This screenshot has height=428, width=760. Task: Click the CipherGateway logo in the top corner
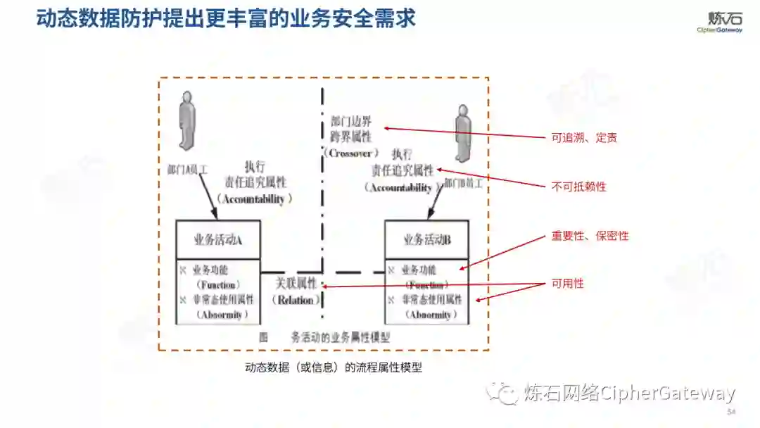pyautogui.click(x=719, y=21)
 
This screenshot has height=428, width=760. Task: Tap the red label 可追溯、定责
pyautogui.click(x=584, y=138)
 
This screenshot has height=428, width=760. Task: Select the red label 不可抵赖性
pyautogui.click(x=578, y=187)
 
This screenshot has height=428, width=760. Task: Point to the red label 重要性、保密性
pyautogui.click(x=590, y=236)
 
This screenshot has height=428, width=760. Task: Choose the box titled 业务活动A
pyautogui.click(x=218, y=240)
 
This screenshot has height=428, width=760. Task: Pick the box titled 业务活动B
pyautogui.click(x=427, y=240)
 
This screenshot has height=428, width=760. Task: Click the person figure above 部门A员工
pyautogui.click(x=186, y=120)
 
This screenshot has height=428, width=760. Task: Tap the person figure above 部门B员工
pyautogui.click(x=462, y=133)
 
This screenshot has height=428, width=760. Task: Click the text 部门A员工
pyautogui.click(x=188, y=170)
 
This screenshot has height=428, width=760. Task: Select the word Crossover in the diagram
pyautogui.click(x=351, y=153)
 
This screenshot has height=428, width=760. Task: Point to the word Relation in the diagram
pyautogui.click(x=296, y=300)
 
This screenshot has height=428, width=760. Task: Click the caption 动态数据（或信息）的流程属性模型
pyautogui.click(x=334, y=367)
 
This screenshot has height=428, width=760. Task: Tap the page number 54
pyautogui.click(x=731, y=411)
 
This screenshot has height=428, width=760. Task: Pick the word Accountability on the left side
pyautogui.click(x=254, y=199)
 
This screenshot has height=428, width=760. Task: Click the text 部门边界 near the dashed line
pyautogui.click(x=351, y=120)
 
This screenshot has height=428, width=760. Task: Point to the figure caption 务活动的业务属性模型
pyautogui.click(x=341, y=337)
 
